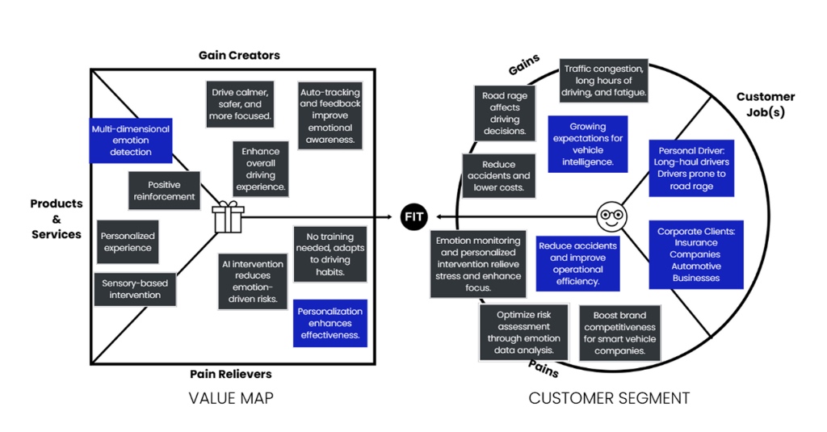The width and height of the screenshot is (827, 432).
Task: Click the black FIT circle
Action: click(413, 216)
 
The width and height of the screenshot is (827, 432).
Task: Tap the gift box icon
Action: click(229, 217)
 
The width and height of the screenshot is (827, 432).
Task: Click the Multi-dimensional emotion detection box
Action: click(131, 140)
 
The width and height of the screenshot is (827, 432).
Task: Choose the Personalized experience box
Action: click(127, 241)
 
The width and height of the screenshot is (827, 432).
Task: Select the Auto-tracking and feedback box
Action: click(330, 115)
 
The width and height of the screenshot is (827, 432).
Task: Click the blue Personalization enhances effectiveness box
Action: click(330, 323)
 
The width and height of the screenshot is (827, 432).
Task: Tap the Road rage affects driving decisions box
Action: click(505, 113)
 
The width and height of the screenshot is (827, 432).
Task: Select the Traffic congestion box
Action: click(604, 81)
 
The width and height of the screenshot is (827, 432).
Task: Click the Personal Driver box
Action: click(691, 168)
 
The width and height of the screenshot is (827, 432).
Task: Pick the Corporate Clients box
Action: click(695, 254)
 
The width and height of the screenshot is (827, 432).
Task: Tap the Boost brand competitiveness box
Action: click(619, 333)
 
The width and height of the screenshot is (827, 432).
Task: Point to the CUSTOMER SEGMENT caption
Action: click(609, 397)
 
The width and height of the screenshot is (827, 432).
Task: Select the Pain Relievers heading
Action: click(231, 374)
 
